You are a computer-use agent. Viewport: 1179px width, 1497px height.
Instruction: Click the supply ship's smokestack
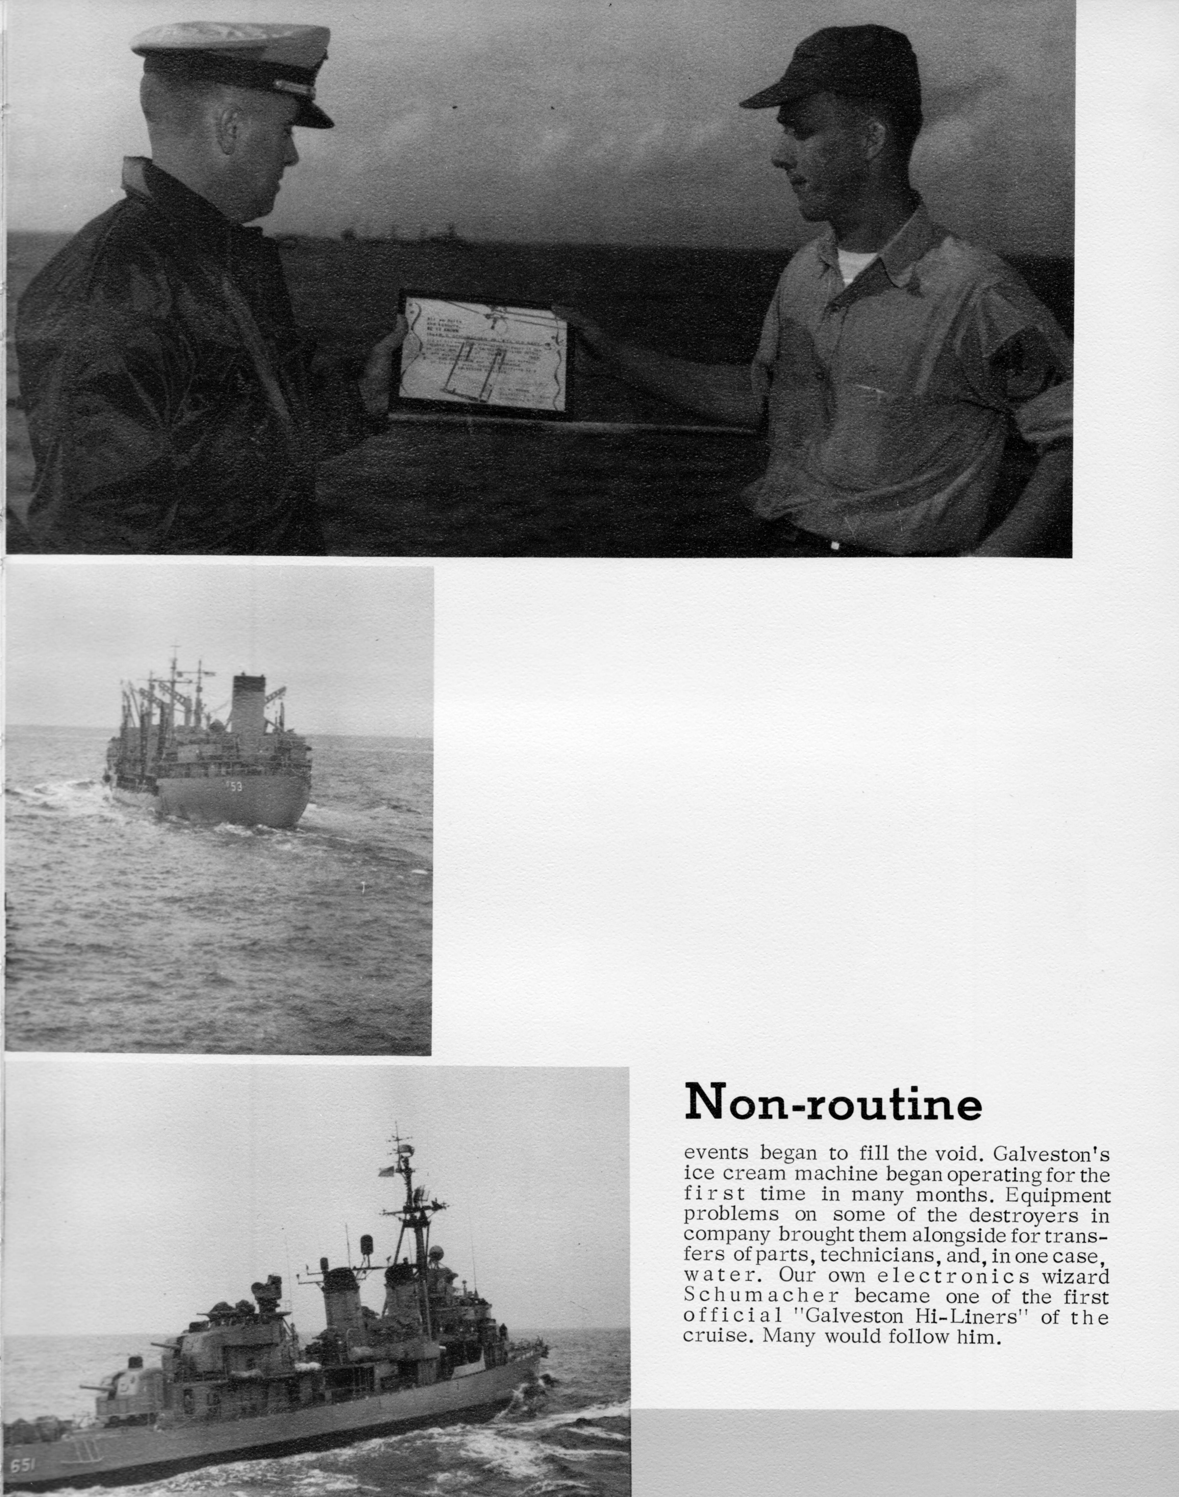[249, 704]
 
